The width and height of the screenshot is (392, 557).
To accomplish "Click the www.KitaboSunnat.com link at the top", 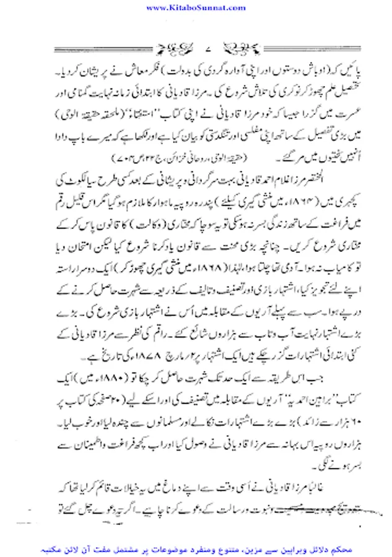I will point(196,7).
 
